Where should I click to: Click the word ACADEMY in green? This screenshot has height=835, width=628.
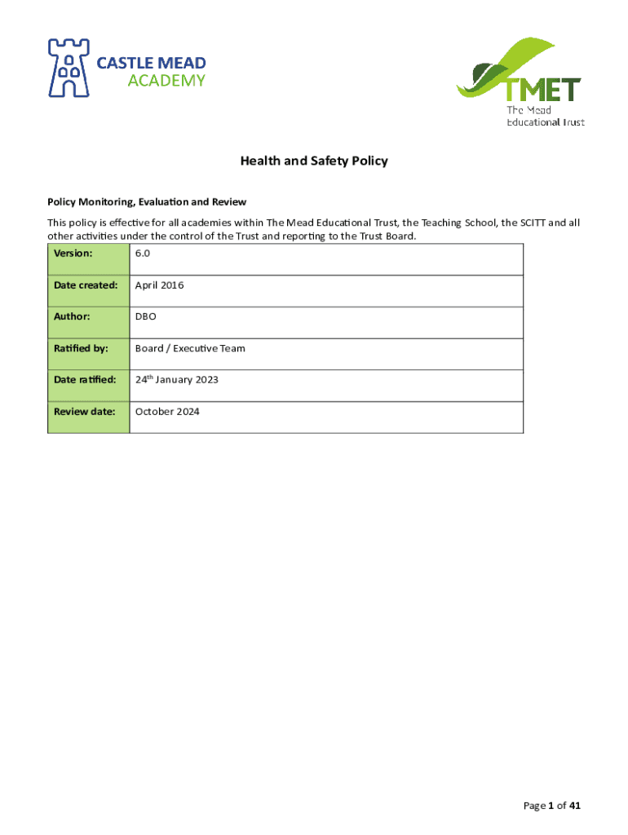pyautogui.click(x=166, y=80)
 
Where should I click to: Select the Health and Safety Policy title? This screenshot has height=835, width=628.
pyautogui.click(x=314, y=161)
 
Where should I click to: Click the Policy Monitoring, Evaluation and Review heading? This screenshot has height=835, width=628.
pyautogui.click(x=147, y=201)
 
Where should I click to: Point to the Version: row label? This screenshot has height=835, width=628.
pyautogui.click(x=73, y=254)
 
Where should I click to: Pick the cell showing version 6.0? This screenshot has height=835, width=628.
pyautogui.click(x=143, y=254)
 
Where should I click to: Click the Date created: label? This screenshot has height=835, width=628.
pyautogui.click(x=86, y=285)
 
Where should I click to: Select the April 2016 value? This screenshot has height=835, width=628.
pyautogui.click(x=160, y=285)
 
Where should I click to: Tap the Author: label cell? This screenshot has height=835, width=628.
pyautogui.click(x=72, y=316)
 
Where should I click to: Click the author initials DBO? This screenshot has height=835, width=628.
pyautogui.click(x=146, y=316)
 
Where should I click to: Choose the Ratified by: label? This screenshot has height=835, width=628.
pyautogui.click(x=81, y=348)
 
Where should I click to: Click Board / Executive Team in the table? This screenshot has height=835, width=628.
pyautogui.click(x=190, y=348)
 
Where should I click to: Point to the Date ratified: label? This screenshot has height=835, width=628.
pyautogui.click(x=85, y=380)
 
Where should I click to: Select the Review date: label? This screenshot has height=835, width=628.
pyautogui.click(x=85, y=411)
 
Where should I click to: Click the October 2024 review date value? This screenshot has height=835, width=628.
pyautogui.click(x=167, y=411)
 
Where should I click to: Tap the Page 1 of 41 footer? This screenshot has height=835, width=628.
pyautogui.click(x=552, y=806)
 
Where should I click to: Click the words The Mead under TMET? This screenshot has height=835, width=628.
pyautogui.click(x=529, y=110)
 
